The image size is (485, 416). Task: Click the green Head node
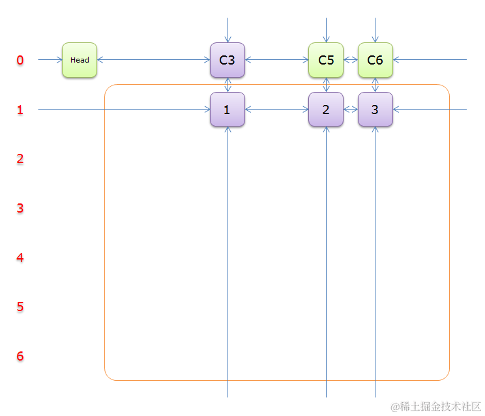click(80, 60)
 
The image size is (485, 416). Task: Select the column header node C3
click(227, 60)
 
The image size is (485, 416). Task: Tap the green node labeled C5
click(326, 60)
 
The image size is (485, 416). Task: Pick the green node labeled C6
click(375, 60)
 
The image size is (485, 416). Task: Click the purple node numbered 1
click(227, 110)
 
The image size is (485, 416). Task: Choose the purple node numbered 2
click(326, 110)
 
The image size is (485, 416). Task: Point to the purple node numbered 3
click(375, 110)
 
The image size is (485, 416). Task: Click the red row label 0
click(20, 61)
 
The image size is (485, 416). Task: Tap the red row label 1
click(20, 110)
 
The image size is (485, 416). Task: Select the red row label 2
click(20, 159)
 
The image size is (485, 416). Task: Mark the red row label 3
click(20, 209)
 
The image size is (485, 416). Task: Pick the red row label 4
click(20, 258)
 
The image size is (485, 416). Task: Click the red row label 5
click(20, 306)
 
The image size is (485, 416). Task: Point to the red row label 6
click(20, 356)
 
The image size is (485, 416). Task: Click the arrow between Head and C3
click(153, 60)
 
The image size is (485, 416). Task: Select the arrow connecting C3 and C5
click(276, 60)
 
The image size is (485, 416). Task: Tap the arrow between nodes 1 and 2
click(276, 110)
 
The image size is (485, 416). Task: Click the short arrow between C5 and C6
click(351, 60)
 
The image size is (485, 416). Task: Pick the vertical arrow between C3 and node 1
click(228, 85)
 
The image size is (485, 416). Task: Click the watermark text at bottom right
click(435, 406)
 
